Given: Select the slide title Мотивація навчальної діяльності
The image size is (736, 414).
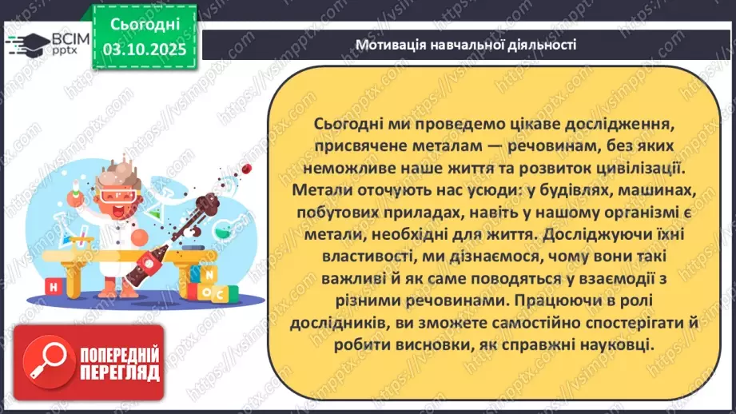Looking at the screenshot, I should [x=466, y=44].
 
